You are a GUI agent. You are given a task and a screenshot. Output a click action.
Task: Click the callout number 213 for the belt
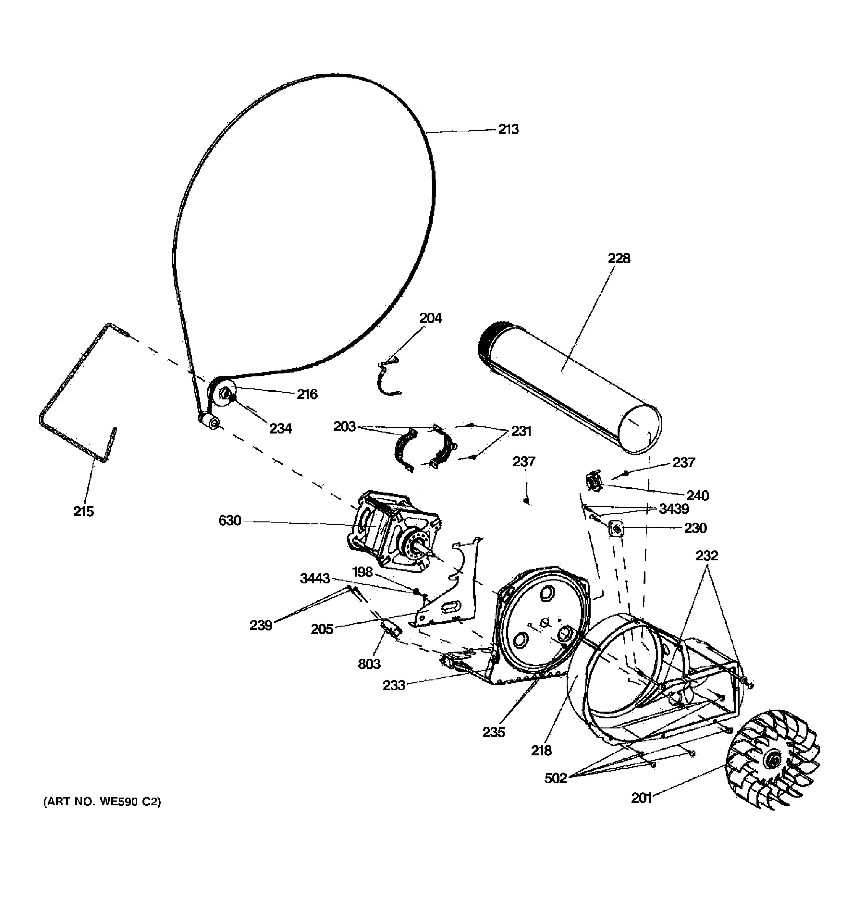coord(508,129)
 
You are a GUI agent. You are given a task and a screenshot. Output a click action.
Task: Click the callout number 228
coord(618,258)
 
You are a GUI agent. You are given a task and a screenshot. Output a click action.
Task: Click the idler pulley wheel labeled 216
coord(223,393)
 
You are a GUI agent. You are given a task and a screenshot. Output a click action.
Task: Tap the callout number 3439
coord(673,509)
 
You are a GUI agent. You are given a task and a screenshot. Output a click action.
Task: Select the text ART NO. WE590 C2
coord(102,802)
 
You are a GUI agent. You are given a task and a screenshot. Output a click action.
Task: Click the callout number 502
coord(555,778)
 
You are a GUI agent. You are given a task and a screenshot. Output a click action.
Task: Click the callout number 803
coord(369,664)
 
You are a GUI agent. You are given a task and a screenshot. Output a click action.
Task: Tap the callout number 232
coord(706,556)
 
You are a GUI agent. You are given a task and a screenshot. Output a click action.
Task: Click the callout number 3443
coord(315,578)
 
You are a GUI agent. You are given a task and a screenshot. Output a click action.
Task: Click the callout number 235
coord(494,732)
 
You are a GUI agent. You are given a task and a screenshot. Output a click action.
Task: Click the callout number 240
coord(697,496)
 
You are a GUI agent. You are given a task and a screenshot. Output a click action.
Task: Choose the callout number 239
coord(261,625)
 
